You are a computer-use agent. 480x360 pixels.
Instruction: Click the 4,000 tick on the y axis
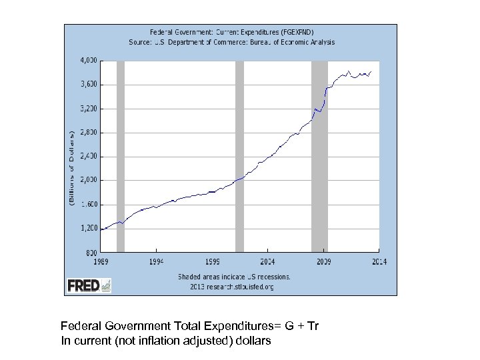pos(88,60)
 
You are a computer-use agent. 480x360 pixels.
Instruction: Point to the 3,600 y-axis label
pos(88,84)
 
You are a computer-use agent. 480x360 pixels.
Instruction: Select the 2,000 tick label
pos(88,180)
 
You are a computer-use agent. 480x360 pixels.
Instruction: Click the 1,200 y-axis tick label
pos(88,228)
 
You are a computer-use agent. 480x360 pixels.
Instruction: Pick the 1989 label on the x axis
pos(100,261)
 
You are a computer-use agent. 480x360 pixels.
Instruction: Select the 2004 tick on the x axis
pos(267,261)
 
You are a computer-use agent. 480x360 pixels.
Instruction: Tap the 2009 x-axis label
pos(323,261)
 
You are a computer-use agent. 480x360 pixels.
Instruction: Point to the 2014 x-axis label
pos(379,261)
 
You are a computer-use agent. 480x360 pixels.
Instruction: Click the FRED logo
pos(89,285)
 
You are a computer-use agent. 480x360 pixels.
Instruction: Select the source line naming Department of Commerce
pos(231,41)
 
